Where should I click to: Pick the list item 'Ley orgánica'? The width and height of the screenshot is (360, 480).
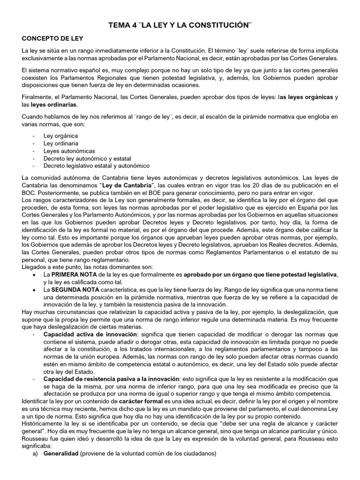pyautogui.click(x=60, y=135)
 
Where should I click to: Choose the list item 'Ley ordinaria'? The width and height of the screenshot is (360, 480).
pyautogui.click(x=61, y=143)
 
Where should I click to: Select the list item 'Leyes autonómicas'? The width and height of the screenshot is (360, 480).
pyautogui.click(x=69, y=151)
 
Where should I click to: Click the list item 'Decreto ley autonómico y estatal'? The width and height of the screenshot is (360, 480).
pyautogui.click(x=87, y=158)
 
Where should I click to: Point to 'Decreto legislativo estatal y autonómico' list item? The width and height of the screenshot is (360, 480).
pyautogui.click(x=97, y=166)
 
